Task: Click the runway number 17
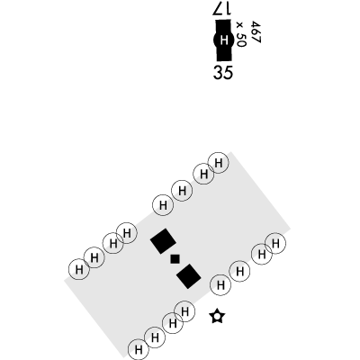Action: [x=222, y=8]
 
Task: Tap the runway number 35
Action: [x=223, y=72]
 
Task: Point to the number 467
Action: [x=256, y=32]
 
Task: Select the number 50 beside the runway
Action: [x=241, y=40]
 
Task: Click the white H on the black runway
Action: [x=223, y=40]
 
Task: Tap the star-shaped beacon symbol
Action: [x=217, y=317]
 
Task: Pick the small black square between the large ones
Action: [x=175, y=258]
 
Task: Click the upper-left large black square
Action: [x=163, y=241]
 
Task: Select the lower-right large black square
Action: [x=189, y=276]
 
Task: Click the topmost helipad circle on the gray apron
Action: [x=219, y=163]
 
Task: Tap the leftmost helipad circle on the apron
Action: [x=79, y=269]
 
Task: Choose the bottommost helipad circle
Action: [x=139, y=349]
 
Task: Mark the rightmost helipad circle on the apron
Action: [x=275, y=243]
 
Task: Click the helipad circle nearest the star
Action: [x=220, y=284]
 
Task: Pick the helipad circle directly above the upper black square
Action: [x=163, y=205]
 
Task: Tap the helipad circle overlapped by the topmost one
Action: [x=203, y=174]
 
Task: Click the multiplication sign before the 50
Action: [x=239, y=25]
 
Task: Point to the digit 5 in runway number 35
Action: [x=229, y=73]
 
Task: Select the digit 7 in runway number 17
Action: [x=218, y=8]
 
